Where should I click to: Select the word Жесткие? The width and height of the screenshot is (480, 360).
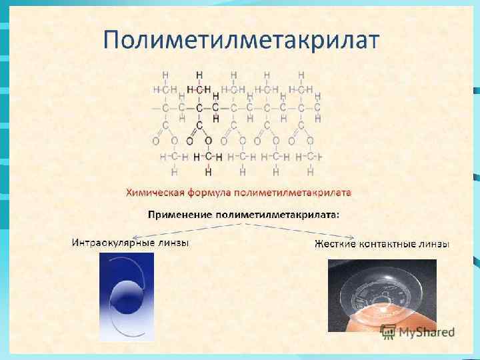334,244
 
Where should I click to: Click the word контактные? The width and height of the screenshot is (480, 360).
389,244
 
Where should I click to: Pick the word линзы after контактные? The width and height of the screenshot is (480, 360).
435,244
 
